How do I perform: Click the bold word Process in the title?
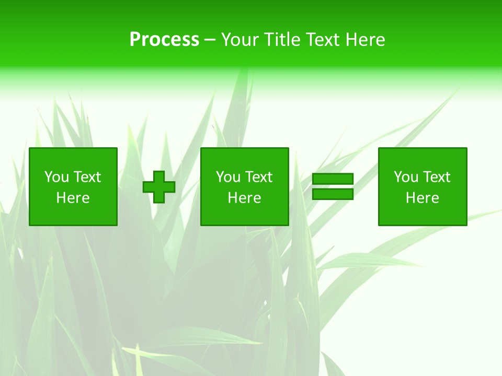pyautogui.click(x=164, y=40)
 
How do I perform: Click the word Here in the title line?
pyautogui.click(x=366, y=40)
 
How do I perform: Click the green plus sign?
pyautogui.click(x=159, y=187)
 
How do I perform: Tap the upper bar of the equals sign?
pyautogui.click(x=333, y=179)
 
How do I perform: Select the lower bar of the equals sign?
pyautogui.click(x=333, y=194)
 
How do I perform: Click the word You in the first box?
pyautogui.click(x=56, y=177)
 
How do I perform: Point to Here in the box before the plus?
pyautogui.click(x=73, y=198)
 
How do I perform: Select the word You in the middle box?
pyautogui.click(x=228, y=177)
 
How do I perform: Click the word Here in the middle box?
pyautogui.click(x=245, y=198)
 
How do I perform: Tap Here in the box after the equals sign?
pyautogui.click(x=423, y=198)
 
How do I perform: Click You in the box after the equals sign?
pyautogui.click(x=406, y=177)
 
